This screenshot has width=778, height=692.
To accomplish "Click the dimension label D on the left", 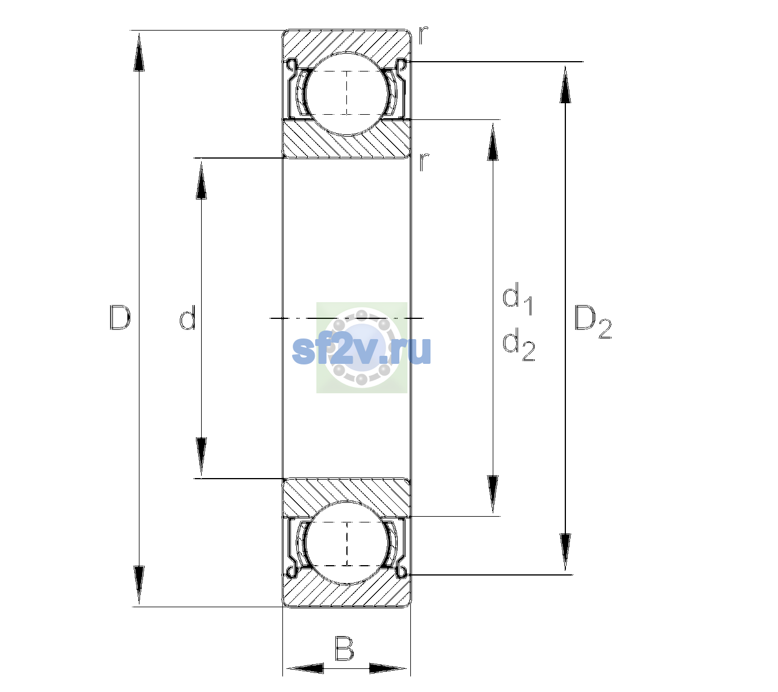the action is (120, 318).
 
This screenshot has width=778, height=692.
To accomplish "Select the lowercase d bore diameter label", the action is (187, 318).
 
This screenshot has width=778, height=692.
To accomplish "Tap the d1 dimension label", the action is (518, 298).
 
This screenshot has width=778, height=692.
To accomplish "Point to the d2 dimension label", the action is (519, 344).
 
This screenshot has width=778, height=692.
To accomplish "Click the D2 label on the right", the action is (592, 322).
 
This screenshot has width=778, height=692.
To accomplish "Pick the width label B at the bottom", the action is (344, 648).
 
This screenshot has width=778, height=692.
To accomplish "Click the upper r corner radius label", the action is (423, 35).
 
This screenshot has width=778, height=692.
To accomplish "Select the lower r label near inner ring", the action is (424, 162).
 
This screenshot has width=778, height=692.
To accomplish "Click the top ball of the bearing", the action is (347, 93).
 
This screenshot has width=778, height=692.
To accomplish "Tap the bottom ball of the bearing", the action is (347, 544).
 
